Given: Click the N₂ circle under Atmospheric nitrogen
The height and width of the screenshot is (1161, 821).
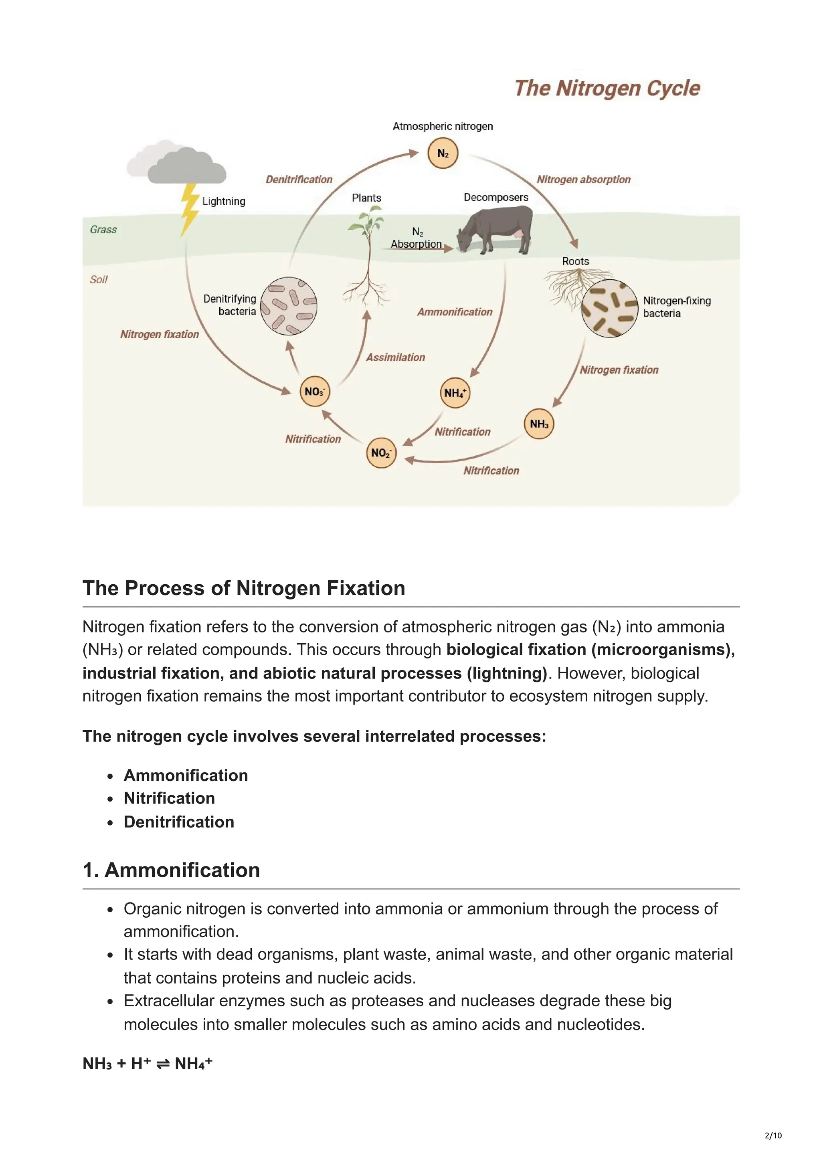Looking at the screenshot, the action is [443, 153].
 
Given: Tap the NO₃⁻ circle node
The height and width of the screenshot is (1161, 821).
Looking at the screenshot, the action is [315, 392].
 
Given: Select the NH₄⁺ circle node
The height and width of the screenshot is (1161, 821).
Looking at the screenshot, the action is [455, 393].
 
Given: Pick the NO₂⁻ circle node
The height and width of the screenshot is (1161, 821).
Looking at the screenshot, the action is [381, 452].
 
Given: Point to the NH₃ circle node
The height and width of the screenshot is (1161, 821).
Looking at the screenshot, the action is [539, 424].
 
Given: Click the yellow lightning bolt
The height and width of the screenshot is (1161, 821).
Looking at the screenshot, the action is [189, 209].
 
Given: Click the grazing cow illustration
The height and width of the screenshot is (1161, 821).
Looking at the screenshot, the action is [495, 230].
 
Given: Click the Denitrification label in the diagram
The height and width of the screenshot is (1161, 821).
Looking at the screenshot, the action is [299, 180].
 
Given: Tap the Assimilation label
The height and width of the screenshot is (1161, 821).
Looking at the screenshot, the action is [396, 357].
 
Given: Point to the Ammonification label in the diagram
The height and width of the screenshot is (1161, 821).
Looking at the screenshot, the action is [455, 312].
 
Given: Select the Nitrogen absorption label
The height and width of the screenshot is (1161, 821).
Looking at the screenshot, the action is [584, 180].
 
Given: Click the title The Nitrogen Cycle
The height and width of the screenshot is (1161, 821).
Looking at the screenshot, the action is [607, 89].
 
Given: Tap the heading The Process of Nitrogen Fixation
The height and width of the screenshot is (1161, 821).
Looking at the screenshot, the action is [244, 588].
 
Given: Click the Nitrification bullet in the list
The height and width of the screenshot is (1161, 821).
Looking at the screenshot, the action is [170, 798].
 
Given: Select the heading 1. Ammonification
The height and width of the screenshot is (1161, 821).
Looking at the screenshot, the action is [172, 870].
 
